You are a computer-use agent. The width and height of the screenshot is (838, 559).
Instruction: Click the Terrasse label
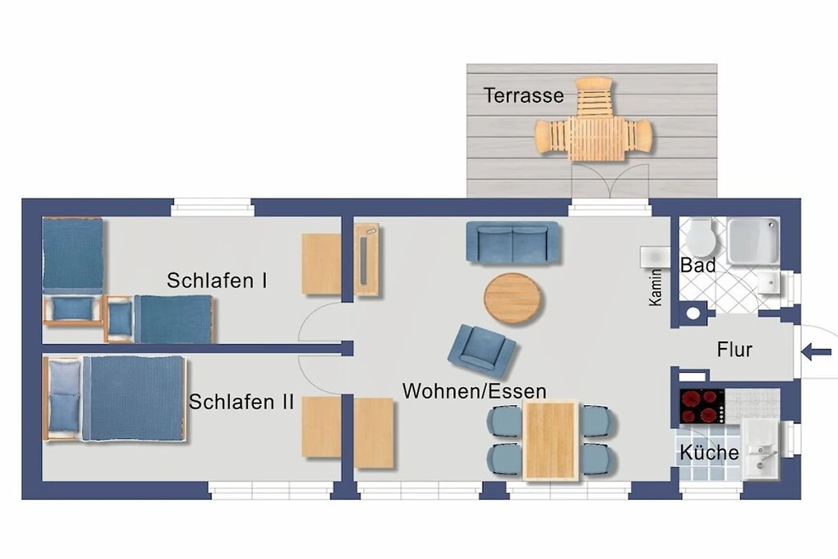[x=524, y=96]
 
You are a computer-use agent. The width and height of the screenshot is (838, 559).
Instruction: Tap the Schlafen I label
[x=217, y=280]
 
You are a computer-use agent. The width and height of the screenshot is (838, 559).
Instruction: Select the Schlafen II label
[x=242, y=402]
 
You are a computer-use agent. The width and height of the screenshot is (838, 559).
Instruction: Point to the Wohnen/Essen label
[x=474, y=391]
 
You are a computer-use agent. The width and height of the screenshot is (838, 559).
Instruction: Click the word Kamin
[x=655, y=288]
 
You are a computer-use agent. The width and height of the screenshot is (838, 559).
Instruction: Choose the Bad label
[x=698, y=266]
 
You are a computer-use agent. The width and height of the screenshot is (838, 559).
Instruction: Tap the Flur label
[x=735, y=349]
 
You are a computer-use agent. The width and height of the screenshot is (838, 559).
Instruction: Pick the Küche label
[x=710, y=452]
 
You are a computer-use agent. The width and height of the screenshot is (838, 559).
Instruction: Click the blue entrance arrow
[x=816, y=352]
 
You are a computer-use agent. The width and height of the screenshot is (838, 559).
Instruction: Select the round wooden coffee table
[x=512, y=298]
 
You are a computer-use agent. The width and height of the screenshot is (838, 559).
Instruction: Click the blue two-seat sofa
[x=513, y=242]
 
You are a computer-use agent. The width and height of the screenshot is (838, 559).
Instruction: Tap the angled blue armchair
[x=482, y=351]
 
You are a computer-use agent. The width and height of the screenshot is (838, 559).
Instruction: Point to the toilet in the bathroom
[x=700, y=238]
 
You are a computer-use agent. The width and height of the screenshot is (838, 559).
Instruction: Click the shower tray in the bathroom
[x=753, y=241]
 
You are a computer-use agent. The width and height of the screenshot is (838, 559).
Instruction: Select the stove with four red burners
[x=702, y=406]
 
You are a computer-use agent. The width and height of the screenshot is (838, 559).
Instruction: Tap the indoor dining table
[x=550, y=441]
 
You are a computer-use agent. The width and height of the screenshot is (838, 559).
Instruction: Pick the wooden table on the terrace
[x=597, y=138]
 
